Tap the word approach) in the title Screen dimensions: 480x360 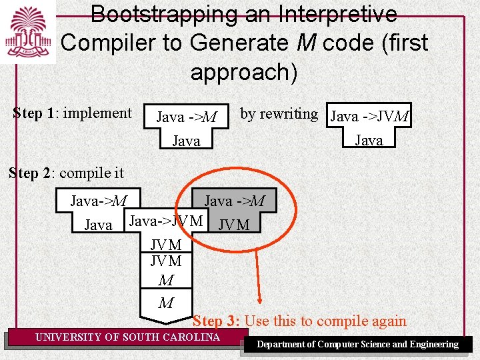[x=244, y=71]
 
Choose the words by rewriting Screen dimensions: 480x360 [x=279, y=114]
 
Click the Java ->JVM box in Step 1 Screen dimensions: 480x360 [x=369, y=117]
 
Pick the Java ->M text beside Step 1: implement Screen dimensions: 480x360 [x=186, y=117]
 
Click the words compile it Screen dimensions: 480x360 [x=91, y=173]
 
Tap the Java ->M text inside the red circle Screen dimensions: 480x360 [x=234, y=201]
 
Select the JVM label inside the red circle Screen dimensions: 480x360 [x=233, y=225]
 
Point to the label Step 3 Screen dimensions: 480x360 [x=216, y=321]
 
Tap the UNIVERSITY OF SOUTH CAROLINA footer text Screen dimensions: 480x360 [x=127, y=337]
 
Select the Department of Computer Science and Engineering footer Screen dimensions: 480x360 [x=358, y=345]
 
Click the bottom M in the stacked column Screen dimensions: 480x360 [x=166, y=303]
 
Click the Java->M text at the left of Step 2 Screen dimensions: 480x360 [x=99, y=201]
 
